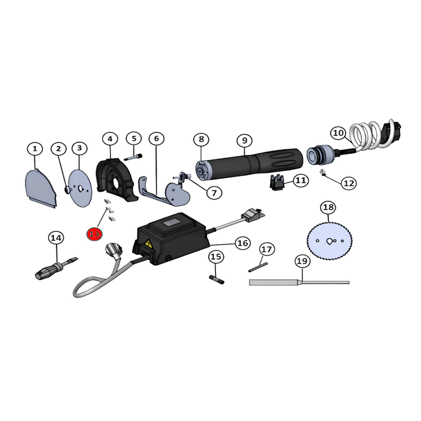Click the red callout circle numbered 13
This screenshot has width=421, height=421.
point(95,234)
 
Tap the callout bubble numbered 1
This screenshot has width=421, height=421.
point(35,149)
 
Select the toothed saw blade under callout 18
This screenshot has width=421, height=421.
point(330,241)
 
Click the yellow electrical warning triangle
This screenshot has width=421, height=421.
point(149,244)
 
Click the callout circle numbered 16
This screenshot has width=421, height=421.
point(242,243)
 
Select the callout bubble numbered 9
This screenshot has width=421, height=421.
point(245,140)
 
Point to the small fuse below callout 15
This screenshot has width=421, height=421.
point(217,280)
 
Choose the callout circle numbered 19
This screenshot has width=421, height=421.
point(302,261)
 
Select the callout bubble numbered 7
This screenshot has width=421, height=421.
point(214,193)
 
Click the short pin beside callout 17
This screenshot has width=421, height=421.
point(258,267)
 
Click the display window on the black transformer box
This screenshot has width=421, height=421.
point(172,225)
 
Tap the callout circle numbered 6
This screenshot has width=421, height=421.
point(156,139)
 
